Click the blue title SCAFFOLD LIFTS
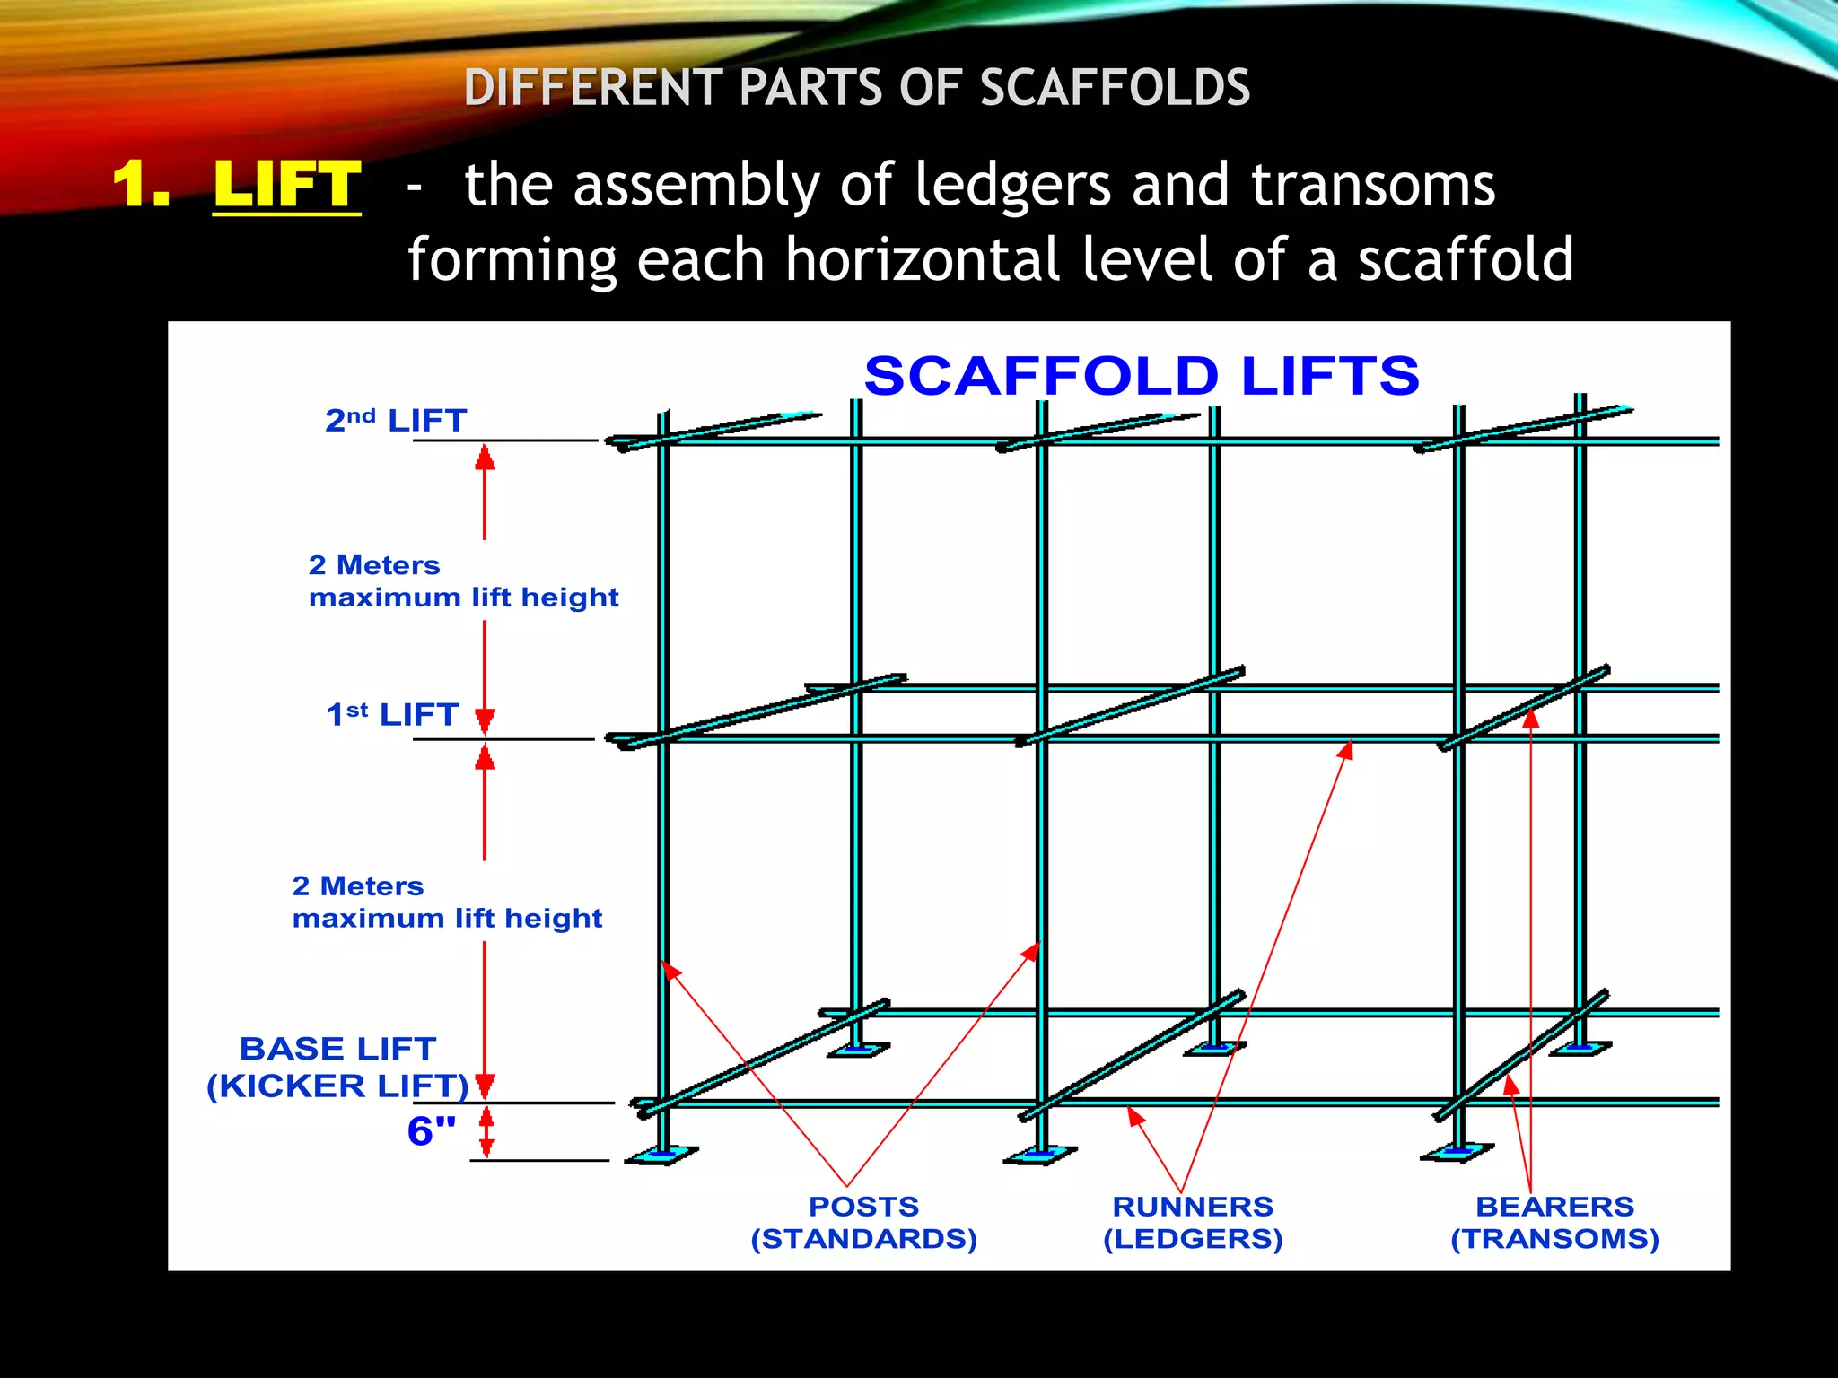[1142, 375]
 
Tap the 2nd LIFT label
[396, 420]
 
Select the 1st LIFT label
[392, 714]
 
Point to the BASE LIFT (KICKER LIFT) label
[337, 1067]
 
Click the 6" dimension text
[432, 1131]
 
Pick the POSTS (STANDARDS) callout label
[863, 1223]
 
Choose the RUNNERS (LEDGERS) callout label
[1193, 1223]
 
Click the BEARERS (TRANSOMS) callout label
[1554, 1223]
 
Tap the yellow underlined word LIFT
[287, 185]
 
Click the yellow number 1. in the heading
[141, 185]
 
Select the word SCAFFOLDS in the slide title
[1115, 88]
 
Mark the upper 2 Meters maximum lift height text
[463, 581]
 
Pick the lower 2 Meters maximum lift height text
[447, 903]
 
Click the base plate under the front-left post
[661, 1156]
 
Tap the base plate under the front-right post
[1457, 1152]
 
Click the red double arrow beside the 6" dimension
[486, 1132]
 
